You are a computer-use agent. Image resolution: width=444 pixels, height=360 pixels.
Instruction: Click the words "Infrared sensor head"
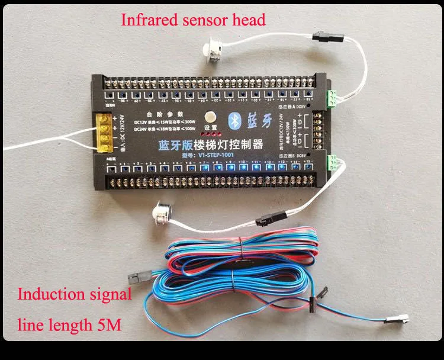point(193,20)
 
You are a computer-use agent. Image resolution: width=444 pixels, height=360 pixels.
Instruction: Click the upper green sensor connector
point(336,97)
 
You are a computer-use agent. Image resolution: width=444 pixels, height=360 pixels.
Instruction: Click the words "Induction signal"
point(75,294)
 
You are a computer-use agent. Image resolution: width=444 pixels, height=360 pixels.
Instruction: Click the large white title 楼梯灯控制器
point(220,144)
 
